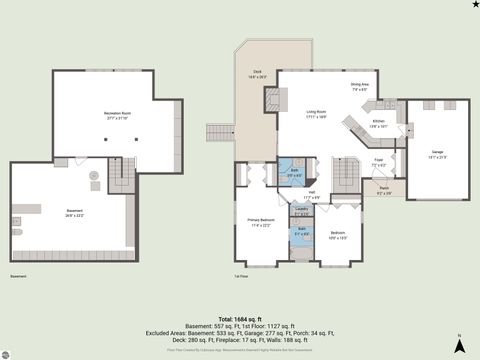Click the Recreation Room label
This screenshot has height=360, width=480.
118,115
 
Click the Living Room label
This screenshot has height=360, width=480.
318,114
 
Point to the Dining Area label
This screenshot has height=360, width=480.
360,86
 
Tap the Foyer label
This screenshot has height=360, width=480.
379,161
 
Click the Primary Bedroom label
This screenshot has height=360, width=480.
259,221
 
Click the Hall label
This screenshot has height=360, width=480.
312,195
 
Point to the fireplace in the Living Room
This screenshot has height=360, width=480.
270,98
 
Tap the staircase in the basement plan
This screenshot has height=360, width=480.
120,178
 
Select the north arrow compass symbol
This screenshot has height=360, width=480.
457,346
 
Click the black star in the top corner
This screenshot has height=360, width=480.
474,5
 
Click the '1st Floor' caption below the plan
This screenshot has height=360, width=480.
240,276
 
